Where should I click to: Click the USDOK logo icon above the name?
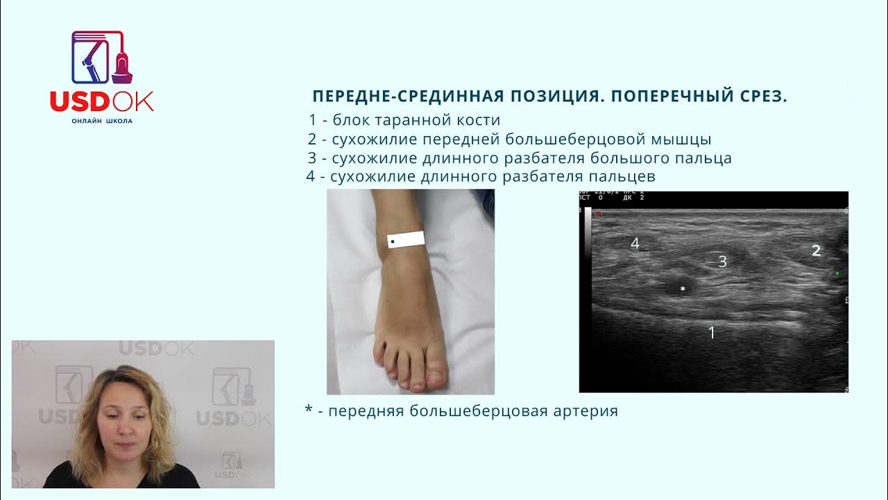(x=102, y=58)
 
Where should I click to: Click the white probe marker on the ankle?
(x=406, y=240)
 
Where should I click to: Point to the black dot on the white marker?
(x=393, y=242)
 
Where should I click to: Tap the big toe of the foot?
(x=435, y=375)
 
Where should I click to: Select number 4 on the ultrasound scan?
(x=634, y=244)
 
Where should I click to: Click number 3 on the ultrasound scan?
(x=722, y=262)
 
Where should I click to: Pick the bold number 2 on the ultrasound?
(x=817, y=251)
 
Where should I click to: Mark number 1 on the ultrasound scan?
(x=711, y=333)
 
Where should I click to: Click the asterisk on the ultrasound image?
(x=683, y=289)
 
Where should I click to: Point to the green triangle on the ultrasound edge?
(x=837, y=274)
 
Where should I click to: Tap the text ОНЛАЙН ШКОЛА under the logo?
(x=102, y=121)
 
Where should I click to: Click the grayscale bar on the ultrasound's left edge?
(x=588, y=233)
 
